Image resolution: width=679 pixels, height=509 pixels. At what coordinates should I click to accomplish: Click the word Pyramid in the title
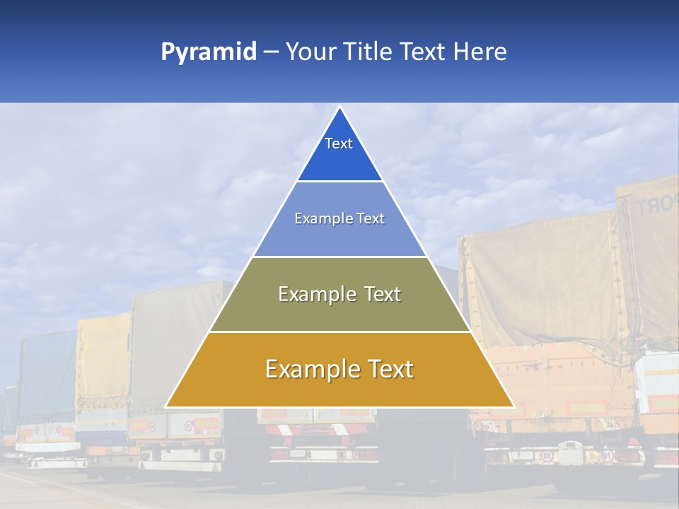pyautogui.click(x=209, y=52)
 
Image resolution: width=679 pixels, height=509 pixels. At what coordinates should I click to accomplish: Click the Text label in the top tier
pyautogui.click(x=339, y=144)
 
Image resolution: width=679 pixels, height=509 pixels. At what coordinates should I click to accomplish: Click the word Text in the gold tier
pyautogui.click(x=389, y=369)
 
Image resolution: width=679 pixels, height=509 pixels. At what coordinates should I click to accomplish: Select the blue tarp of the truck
pyautogui.click(x=47, y=375)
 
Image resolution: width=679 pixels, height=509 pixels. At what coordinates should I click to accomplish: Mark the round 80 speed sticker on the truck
pyautogui.click(x=547, y=456)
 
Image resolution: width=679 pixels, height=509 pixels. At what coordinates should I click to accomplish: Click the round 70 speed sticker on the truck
pyautogui.click(x=607, y=456)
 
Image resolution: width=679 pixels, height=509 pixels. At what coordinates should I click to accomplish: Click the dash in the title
pyautogui.click(x=271, y=52)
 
